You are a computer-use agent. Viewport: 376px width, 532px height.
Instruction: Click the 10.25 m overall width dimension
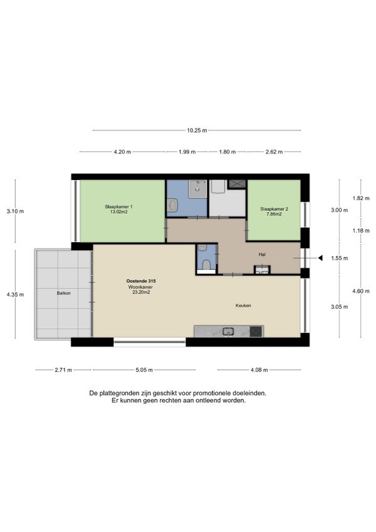point(197,130)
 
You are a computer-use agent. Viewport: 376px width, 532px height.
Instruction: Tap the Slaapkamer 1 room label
point(118,206)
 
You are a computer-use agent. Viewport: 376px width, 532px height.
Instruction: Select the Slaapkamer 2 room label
point(274,209)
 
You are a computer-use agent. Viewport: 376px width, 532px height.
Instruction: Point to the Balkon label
point(64,293)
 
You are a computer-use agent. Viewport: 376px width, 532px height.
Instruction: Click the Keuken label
point(243,306)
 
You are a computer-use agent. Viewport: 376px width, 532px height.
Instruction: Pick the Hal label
point(262,255)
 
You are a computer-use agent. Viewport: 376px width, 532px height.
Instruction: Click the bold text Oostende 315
point(141,281)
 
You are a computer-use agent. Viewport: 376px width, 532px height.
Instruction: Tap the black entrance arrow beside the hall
point(320,258)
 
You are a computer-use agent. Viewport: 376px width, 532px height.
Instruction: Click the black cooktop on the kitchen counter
point(256,331)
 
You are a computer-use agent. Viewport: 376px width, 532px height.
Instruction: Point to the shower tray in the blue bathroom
point(197,188)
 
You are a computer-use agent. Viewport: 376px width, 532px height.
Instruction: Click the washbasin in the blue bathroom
point(172,205)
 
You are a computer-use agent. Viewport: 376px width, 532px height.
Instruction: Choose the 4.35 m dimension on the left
point(15,294)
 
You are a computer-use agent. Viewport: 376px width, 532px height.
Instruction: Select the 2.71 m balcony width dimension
point(63,370)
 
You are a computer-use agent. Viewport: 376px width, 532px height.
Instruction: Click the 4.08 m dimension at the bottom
point(259,370)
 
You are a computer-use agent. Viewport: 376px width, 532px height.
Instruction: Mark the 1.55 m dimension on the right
point(340,258)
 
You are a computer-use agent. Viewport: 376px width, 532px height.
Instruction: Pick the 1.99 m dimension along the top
point(187,152)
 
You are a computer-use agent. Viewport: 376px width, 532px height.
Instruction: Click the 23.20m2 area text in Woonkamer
point(141,292)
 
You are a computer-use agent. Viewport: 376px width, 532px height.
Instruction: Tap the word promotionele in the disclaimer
point(212,393)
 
